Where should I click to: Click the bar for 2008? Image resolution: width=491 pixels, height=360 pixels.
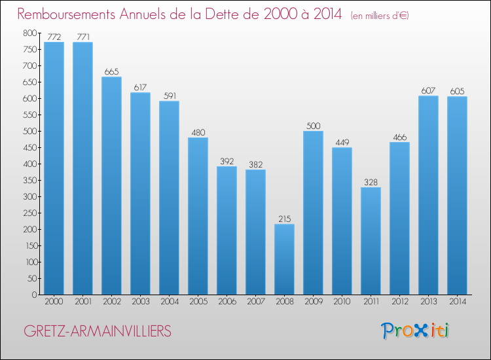284,259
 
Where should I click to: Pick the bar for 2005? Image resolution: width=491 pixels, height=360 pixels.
198,216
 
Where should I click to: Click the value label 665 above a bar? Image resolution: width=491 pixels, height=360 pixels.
111,71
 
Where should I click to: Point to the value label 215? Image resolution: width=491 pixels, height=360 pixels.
284,219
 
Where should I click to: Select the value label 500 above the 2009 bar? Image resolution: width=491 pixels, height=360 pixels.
313,126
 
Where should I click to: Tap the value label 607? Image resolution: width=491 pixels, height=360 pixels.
428,90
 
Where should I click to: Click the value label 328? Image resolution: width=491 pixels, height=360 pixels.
371,182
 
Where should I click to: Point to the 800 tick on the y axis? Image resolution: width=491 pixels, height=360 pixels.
29,33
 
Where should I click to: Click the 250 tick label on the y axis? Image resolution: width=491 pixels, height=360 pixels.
29,213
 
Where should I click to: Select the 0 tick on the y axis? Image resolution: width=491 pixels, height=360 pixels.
34,295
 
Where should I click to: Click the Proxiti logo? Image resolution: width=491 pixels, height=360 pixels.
414,331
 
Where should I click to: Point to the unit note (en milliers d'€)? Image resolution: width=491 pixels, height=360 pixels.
380,16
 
